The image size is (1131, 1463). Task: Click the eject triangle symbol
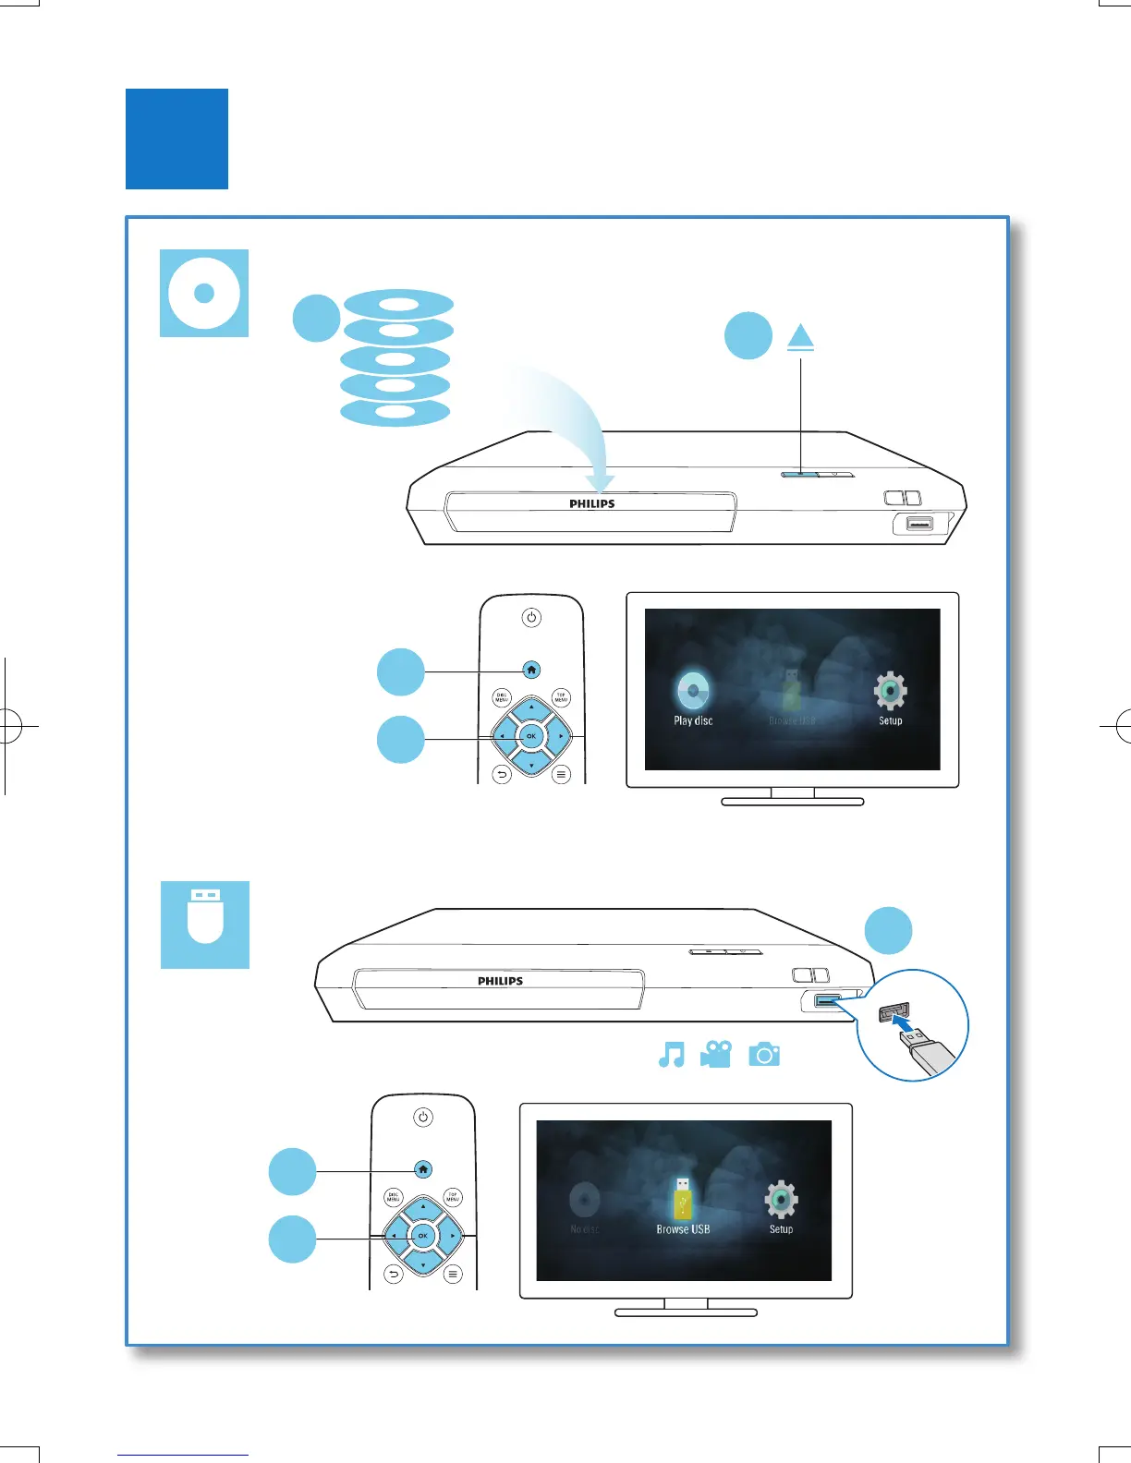click(800, 337)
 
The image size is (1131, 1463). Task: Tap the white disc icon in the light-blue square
click(204, 293)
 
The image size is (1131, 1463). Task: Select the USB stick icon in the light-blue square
click(205, 925)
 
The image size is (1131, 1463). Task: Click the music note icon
click(672, 1054)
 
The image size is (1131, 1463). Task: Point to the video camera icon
click(716, 1054)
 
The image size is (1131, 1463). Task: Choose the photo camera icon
click(764, 1054)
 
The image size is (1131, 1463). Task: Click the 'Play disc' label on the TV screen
click(693, 720)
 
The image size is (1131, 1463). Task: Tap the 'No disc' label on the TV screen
click(585, 1229)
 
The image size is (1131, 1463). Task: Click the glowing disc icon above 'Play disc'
click(693, 690)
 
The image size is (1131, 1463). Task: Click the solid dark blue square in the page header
click(176, 139)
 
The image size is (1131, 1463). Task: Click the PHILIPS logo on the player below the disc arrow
click(592, 504)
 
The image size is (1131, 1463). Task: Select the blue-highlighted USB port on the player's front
click(827, 1000)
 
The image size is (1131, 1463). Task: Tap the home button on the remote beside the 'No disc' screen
click(423, 1169)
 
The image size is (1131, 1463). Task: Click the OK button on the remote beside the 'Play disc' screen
click(530, 736)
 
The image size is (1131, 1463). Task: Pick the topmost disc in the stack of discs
click(398, 303)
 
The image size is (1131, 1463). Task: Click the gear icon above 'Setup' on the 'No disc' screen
click(782, 1199)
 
